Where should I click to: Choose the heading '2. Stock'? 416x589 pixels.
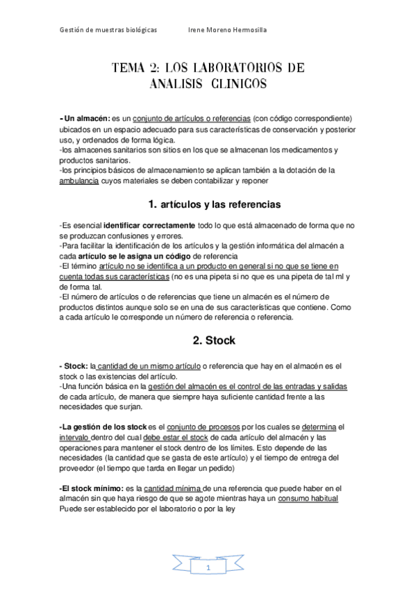click(214, 340)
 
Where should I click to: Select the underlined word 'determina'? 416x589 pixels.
click(319, 426)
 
